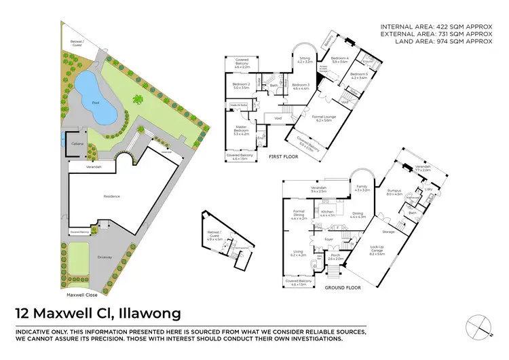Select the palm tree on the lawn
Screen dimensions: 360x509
tap(139, 100)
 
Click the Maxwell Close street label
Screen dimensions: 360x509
tap(80, 295)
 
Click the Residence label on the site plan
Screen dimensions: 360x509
tap(111, 196)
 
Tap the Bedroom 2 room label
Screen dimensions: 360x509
tap(242, 86)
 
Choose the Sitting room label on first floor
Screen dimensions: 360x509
tap(305, 60)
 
